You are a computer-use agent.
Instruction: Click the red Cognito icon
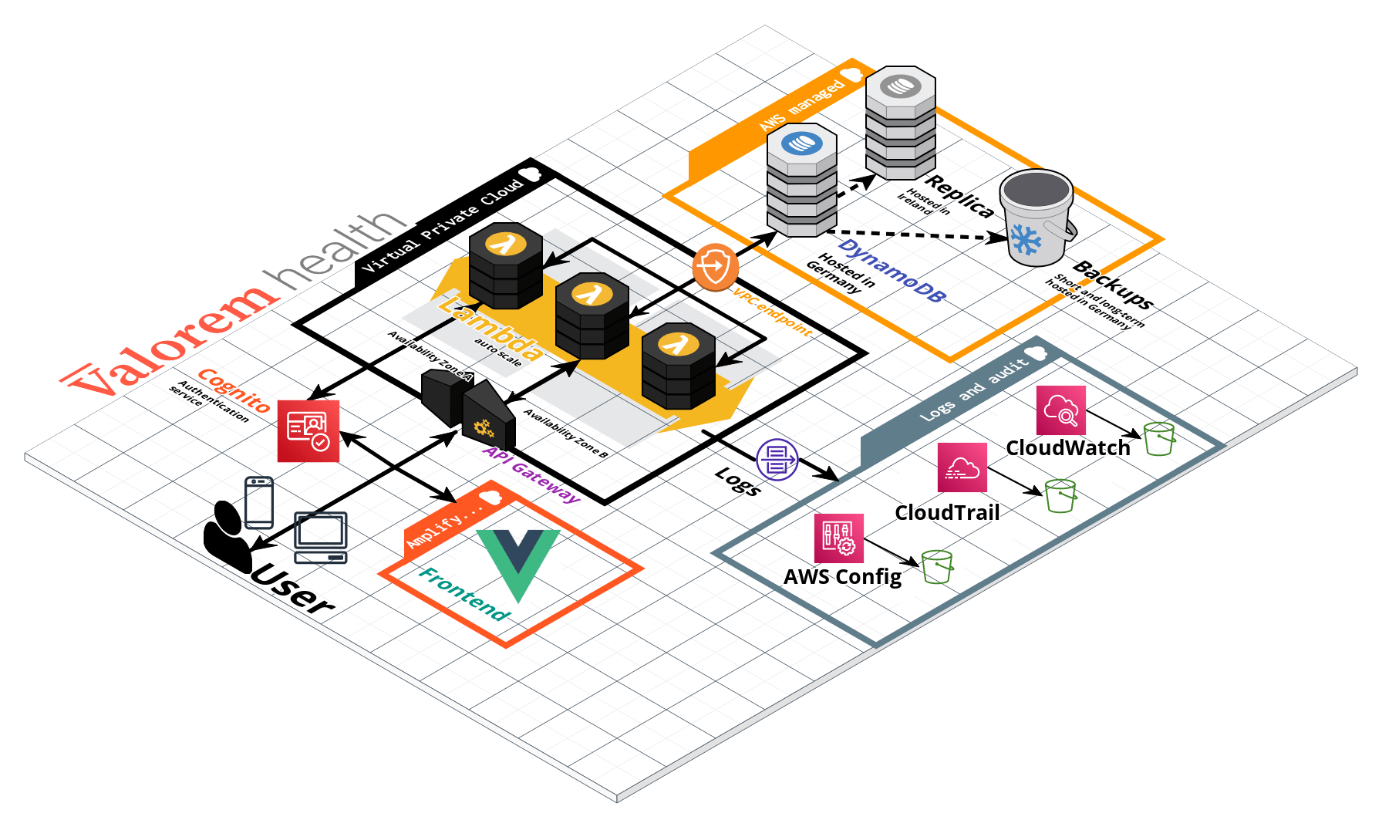[x=308, y=431]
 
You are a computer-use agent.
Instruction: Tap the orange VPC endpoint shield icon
[x=715, y=267]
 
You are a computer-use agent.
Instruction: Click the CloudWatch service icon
[x=1061, y=410]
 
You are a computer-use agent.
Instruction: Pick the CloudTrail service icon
[x=962, y=467]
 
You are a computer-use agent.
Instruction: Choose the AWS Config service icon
[x=838, y=538]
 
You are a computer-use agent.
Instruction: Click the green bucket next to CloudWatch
[x=1159, y=439]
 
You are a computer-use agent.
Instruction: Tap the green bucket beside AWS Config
[x=937, y=567]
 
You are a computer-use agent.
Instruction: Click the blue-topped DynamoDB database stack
[x=802, y=181]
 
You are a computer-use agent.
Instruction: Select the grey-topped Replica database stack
[x=900, y=123]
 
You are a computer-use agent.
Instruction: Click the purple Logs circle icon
[x=777, y=460]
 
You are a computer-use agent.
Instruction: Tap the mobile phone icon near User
[x=259, y=502]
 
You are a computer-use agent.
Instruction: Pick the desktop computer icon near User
[x=321, y=537]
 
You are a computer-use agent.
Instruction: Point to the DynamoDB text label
[x=892, y=271]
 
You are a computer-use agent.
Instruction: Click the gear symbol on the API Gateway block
[x=484, y=427]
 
